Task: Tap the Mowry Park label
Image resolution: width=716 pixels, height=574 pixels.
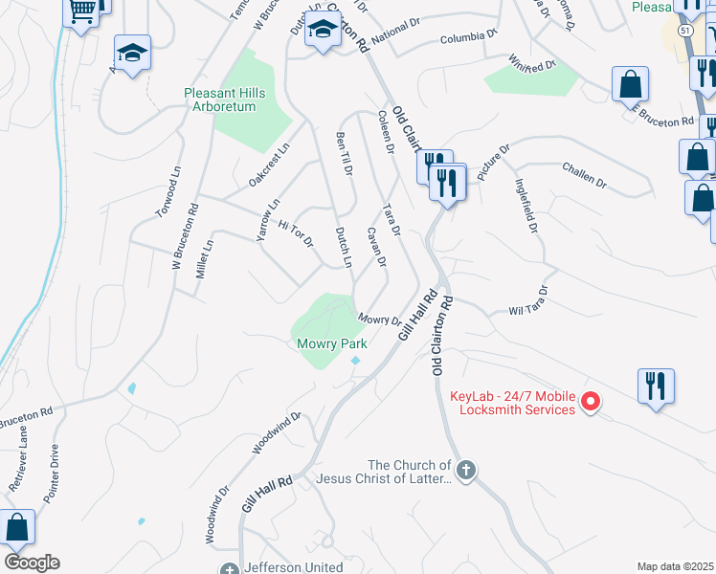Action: point(330,343)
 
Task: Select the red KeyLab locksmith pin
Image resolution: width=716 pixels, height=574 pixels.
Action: point(591,402)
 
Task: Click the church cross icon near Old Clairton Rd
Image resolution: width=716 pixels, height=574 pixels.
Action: point(465,470)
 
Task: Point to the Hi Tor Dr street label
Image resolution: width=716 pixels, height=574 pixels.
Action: point(296,233)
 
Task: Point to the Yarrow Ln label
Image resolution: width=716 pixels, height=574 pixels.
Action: point(267,219)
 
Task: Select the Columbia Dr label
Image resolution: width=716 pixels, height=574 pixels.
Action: point(469,36)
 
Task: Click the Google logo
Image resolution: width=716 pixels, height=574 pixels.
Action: point(32,563)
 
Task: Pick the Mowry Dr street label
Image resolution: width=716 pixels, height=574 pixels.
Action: point(380,320)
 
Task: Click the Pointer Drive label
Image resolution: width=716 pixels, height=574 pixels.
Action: point(52,475)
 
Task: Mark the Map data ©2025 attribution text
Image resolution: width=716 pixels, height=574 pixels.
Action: point(675,566)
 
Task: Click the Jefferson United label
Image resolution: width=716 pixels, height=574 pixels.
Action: point(294,567)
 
